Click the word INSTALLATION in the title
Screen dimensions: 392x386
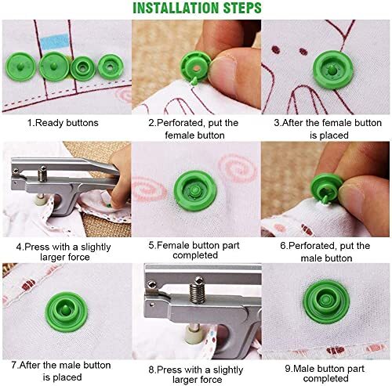(x=176, y=8)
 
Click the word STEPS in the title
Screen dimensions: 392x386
(x=242, y=8)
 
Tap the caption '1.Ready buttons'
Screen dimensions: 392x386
(x=63, y=123)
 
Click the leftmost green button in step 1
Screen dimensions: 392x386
(x=20, y=67)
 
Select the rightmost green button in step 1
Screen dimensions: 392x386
(x=111, y=67)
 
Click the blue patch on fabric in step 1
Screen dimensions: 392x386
(x=55, y=41)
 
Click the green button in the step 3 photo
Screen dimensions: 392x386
(x=333, y=70)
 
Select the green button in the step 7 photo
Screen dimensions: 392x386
(x=66, y=312)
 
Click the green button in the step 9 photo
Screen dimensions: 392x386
(x=326, y=301)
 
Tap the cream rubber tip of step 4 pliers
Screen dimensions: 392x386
(x=41, y=200)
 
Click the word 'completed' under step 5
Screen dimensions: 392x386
(x=195, y=255)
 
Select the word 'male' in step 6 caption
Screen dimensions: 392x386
(x=311, y=258)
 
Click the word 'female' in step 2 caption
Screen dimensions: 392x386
(x=180, y=135)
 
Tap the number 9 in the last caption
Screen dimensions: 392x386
(x=288, y=369)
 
